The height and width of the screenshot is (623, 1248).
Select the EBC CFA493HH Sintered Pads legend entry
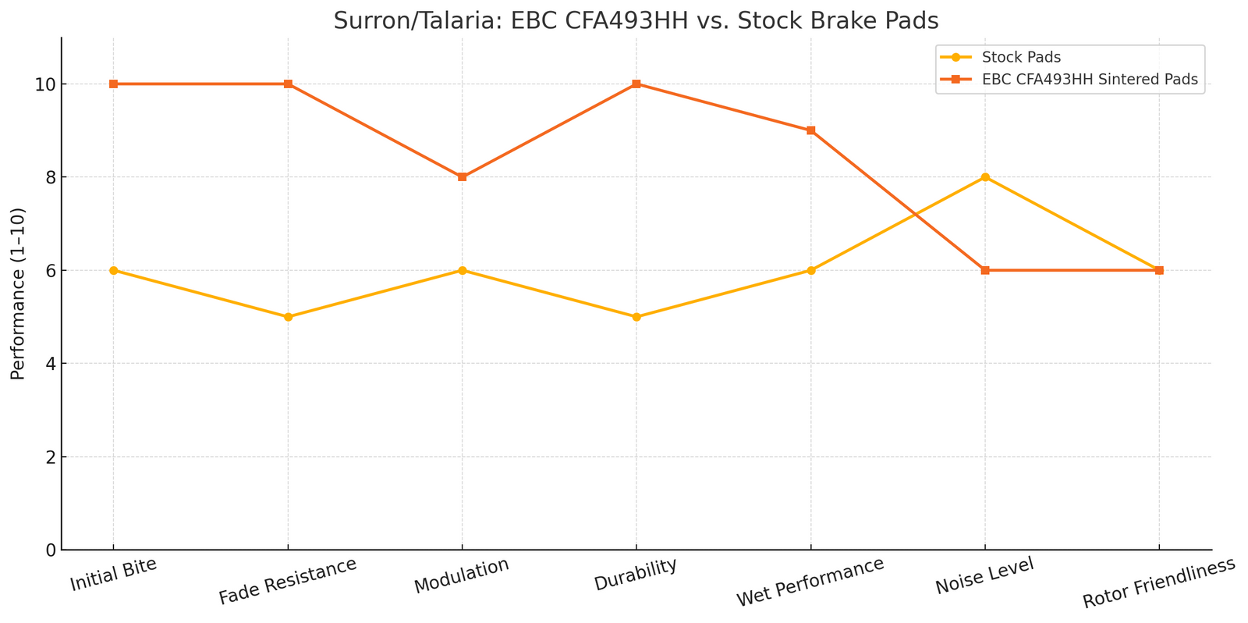coord(1090,80)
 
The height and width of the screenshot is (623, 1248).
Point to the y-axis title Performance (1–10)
coord(18,294)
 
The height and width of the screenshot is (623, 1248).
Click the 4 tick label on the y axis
coord(50,364)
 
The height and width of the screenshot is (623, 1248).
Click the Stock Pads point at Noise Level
coord(985,177)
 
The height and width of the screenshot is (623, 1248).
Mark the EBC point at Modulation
coord(463,177)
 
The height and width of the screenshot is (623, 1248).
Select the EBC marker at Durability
coord(636,84)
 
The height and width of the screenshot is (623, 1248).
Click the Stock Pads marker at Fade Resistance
coord(288,317)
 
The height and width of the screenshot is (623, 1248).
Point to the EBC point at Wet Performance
coord(811,130)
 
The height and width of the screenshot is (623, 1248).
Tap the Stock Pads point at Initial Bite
coord(114,270)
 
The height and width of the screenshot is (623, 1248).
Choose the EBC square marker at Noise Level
coord(985,270)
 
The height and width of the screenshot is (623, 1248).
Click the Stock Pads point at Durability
coord(636,317)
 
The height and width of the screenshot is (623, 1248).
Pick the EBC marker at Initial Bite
coord(114,84)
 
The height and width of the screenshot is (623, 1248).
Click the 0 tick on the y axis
coord(50,550)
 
